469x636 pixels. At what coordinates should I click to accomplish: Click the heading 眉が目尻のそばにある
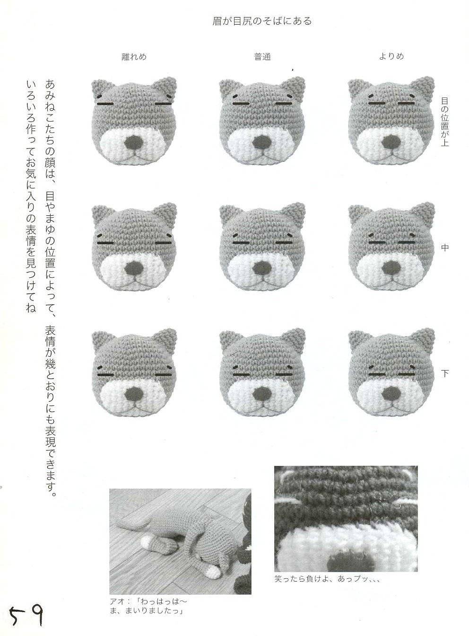(262, 21)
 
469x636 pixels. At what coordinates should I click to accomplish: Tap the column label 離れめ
(134, 56)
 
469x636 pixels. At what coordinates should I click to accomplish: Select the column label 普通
(262, 57)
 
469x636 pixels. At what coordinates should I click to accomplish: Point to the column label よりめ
(391, 56)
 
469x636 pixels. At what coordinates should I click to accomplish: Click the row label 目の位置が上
(444, 122)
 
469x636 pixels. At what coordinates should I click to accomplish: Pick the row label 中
(444, 247)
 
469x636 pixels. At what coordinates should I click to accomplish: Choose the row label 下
(444, 373)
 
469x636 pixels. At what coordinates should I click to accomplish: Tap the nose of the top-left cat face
(134, 142)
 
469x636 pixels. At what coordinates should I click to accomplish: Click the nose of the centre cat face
(262, 268)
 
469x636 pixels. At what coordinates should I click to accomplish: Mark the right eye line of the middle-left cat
(163, 243)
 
